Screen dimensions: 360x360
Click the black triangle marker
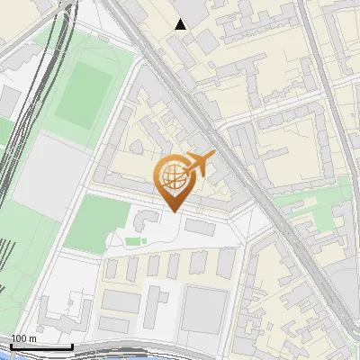(x=181, y=24)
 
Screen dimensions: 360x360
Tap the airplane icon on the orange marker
(x=200, y=165)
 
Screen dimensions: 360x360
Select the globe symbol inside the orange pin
(x=171, y=175)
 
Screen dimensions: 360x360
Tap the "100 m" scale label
(x=23, y=338)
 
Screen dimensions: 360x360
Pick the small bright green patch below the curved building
(x=134, y=240)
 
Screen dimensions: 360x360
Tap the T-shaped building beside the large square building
(x=157, y=302)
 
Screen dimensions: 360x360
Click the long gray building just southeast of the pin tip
(x=201, y=228)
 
